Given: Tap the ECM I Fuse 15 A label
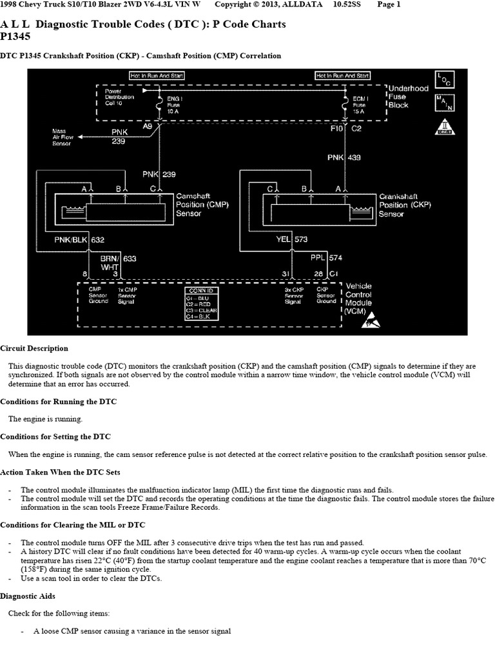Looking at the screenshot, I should click(359, 104).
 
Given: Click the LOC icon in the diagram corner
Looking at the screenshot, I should click(444, 80).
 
